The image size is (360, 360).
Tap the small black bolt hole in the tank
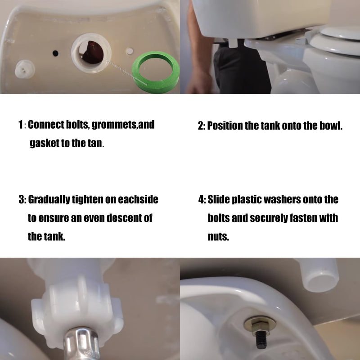[55, 53]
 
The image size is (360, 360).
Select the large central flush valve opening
[91, 53]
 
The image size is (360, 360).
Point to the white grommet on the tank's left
[25, 69]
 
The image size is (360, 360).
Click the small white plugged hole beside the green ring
[130, 51]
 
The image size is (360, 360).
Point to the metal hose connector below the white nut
[81, 344]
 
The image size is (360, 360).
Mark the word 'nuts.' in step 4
[218, 237]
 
